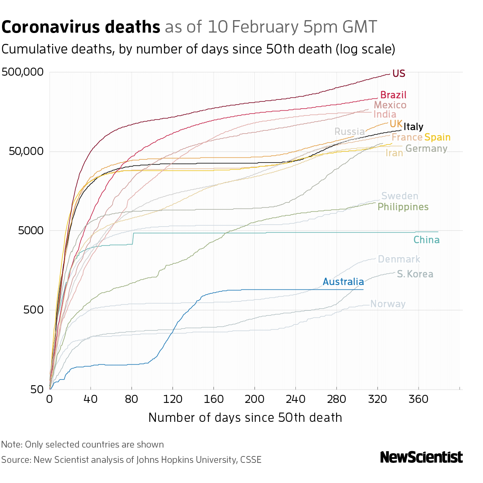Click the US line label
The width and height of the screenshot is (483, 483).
pyautogui.click(x=398, y=74)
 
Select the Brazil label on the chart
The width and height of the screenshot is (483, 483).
pyautogui.click(x=393, y=95)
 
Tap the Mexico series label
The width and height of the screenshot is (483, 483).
pyautogui.click(x=390, y=105)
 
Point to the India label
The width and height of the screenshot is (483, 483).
pyautogui.click(x=385, y=115)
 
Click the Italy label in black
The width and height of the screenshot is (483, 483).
pyautogui.click(x=413, y=127)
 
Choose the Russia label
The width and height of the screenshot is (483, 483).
pyautogui.click(x=349, y=132)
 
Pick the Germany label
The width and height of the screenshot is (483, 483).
pyautogui.click(x=426, y=149)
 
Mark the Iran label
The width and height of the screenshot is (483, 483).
pyautogui.click(x=394, y=153)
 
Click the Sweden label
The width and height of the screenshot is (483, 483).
pyautogui.click(x=400, y=196)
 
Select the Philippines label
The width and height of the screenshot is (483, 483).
pyautogui.click(x=403, y=207)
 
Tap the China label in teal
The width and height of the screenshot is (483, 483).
pyautogui.click(x=426, y=240)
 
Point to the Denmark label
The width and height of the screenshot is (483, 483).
pyautogui.click(x=399, y=259)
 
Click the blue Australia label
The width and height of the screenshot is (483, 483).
pyautogui.click(x=343, y=282)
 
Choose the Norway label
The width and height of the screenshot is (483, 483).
pyautogui.click(x=388, y=304)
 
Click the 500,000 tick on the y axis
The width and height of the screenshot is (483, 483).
pyautogui.click(x=23, y=72)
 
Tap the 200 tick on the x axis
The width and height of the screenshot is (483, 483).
pyautogui.click(x=254, y=399)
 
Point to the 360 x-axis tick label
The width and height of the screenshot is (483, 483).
pyautogui.click(x=418, y=399)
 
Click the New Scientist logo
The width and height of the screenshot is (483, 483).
pyautogui.click(x=421, y=457)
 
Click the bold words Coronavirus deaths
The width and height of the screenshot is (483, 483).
pyautogui.click(x=81, y=27)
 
